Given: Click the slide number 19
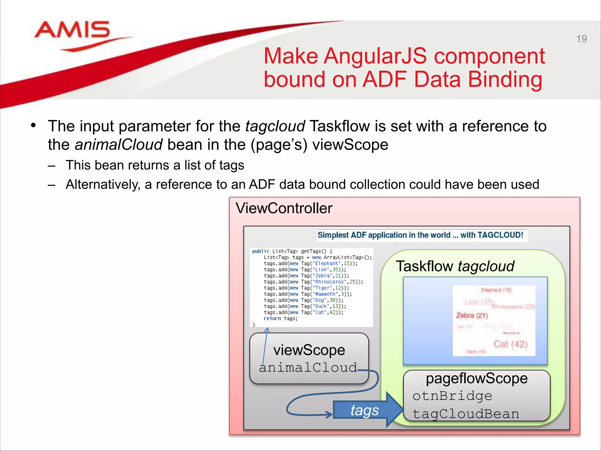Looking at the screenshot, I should tap(581, 39).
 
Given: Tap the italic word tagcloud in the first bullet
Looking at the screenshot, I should tap(275, 126).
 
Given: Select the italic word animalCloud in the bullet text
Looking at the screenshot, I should tap(119, 145).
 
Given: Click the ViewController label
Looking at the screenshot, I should tap(284, 208).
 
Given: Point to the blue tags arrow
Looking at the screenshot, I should tap(367, 410).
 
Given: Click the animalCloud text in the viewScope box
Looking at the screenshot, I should tap(308, 368).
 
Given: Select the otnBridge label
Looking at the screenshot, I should tap(452, 396).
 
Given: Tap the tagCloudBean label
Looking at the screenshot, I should tap(466, 414).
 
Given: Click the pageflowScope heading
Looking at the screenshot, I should tap(477, 378).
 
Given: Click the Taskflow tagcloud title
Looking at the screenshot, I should tap(455, 266).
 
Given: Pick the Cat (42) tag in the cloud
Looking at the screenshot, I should tap(510, 344).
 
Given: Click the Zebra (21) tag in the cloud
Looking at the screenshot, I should tap(472, 316).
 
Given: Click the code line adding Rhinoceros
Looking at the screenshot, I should tap(313, 282).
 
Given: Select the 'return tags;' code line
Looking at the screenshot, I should tap(281, 319).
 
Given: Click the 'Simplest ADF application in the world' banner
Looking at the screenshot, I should tap(420, 235).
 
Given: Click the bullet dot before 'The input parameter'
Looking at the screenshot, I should tap(33, 126).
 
